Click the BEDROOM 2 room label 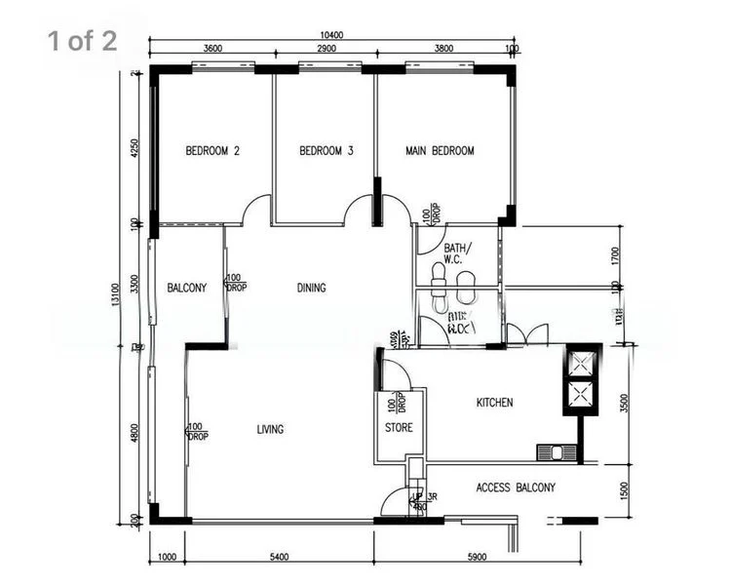click(x=212, y=151)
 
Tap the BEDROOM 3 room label click(x=326, y=151)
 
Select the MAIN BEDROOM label click(x=440, y=151)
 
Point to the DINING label click(x=311, y=288)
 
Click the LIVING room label click(x=270, y=429)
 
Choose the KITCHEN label click(x=494, y=403)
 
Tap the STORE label click(x=399, y=427)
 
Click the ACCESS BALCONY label click(x=516, y=487)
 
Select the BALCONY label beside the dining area click(x=186, y=288)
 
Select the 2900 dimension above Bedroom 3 click(x=327, y=48)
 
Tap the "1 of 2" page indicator click(x=82, y=40)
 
